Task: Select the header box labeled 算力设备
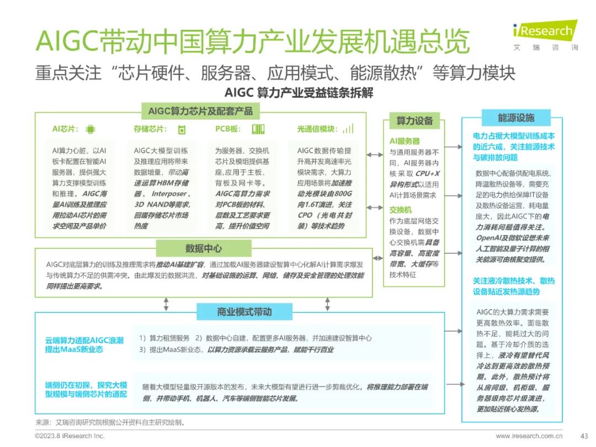(414, 121)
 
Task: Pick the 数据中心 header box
(204, 248)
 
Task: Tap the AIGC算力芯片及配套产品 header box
(200, 111)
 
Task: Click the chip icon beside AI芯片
(90, 129)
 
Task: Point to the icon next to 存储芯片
(181, 129)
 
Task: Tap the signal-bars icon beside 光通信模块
(348, 129)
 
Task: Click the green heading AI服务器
(405, 141)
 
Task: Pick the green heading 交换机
(401, 210)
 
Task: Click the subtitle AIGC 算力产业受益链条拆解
(299, 92)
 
